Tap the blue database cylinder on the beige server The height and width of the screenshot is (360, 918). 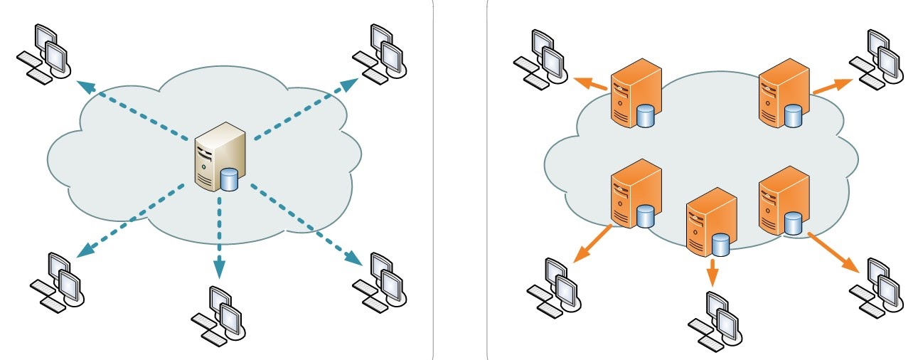point(229,180)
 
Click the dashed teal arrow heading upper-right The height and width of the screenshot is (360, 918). point(306,107)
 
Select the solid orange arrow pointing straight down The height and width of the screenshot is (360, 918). point(712,271)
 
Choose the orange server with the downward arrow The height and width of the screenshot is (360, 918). point(710,221)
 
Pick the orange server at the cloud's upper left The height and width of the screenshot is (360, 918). point(635,96)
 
